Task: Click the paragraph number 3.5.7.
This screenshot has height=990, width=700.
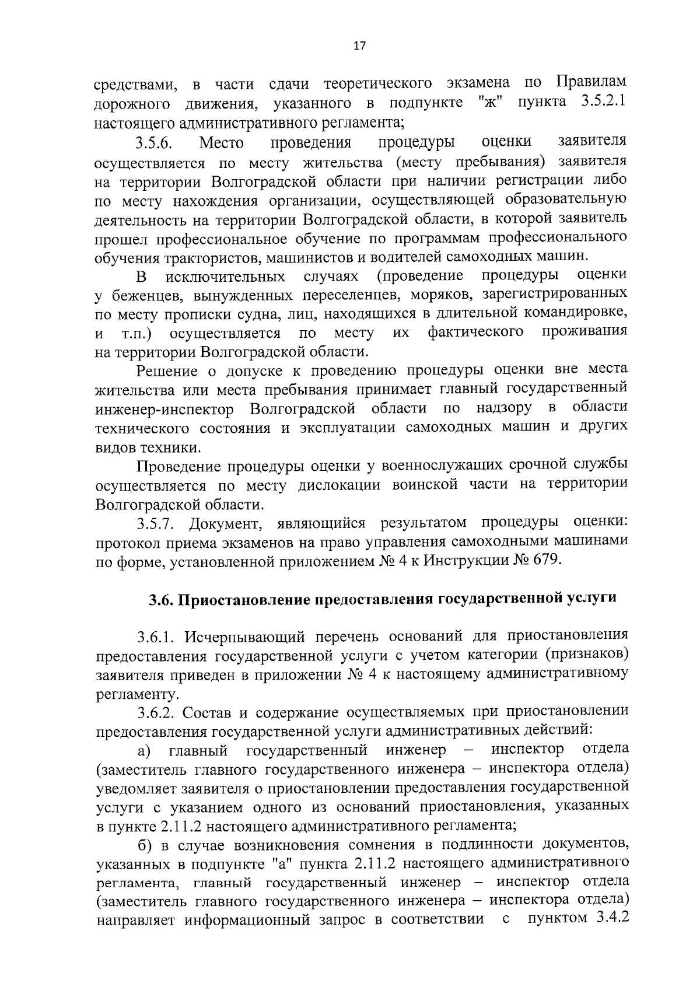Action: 157,523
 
